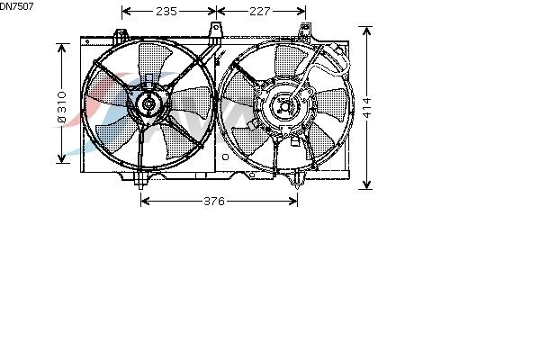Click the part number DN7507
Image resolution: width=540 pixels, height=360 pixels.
click(x=16, y=6)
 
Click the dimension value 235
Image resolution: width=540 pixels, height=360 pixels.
click(x=166, y=12)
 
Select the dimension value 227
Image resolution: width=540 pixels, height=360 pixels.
click(x=260, y=12)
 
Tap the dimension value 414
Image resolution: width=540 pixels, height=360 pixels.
click(x=367, y=107)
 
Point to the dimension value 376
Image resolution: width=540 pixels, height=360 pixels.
click(x=214, y=201)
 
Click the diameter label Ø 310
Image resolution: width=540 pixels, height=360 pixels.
click(x=61, y=107)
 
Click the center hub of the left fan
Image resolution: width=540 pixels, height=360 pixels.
click(x=148, y=103)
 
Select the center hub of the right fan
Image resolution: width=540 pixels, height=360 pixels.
click(x=285, y=107)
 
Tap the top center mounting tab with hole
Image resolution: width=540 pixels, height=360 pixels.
click(x=216, y=31)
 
